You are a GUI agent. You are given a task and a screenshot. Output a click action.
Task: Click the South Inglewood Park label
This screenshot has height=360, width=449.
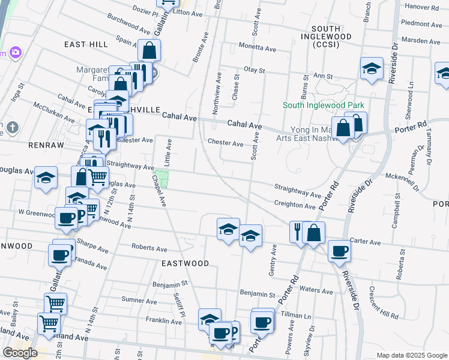coord(324,106)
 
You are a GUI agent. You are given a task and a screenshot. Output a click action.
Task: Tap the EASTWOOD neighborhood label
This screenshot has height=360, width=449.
coord(185,263)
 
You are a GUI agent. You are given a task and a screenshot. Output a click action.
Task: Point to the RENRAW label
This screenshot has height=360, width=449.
coord(41,145)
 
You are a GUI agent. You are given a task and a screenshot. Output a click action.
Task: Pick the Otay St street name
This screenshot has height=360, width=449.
coord(254,70)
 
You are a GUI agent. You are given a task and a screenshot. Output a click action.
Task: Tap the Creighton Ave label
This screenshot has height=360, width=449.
coord(295,205)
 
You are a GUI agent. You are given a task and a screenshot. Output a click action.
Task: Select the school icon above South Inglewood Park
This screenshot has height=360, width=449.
coord(372,68)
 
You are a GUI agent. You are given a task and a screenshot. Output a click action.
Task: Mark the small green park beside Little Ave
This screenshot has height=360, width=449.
coord(161,179)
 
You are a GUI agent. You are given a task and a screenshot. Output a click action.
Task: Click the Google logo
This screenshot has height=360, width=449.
coord(20,353)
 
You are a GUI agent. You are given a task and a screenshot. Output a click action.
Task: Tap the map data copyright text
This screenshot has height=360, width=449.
coord(412,355)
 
